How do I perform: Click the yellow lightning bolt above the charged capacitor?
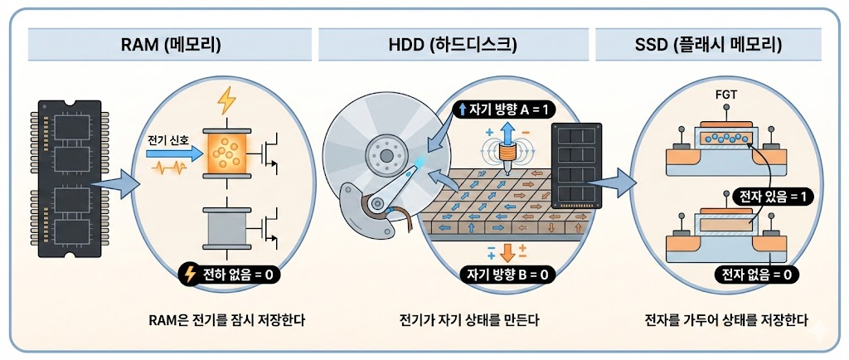click(x=226, y=100)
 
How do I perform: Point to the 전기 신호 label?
click(x=168, y=138)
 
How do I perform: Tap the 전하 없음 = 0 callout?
click(x=228, y=271)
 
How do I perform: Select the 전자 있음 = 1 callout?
click(x=769, y=197)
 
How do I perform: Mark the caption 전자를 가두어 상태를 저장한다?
click(x=726, y=320)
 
